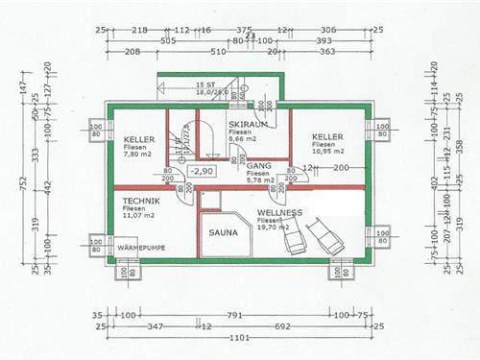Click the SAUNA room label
[x=226, y=231]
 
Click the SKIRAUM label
[x=248, y=125]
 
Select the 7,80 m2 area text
[x=138, y=154]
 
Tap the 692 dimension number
[x=281, y=326]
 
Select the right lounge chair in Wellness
[x=322, y=233]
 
